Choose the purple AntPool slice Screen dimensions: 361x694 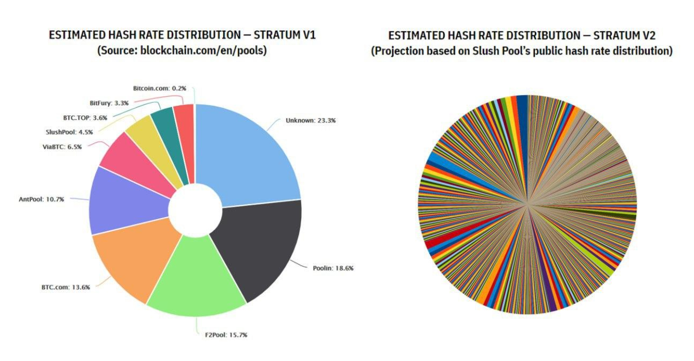pos(125,201)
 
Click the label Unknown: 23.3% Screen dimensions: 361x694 pos(310,120)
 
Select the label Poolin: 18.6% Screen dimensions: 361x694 pos(333,268)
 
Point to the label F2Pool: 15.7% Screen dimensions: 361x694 pos(226,335)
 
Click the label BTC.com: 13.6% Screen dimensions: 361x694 pos(66,287)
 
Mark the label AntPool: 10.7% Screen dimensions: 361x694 pos(41,199)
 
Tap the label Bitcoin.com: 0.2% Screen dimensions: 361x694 pos(159,88)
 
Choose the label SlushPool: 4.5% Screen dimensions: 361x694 pos(69,132)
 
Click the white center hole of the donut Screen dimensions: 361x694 pos(195,210)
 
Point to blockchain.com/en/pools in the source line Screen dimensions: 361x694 pos(203,50)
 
